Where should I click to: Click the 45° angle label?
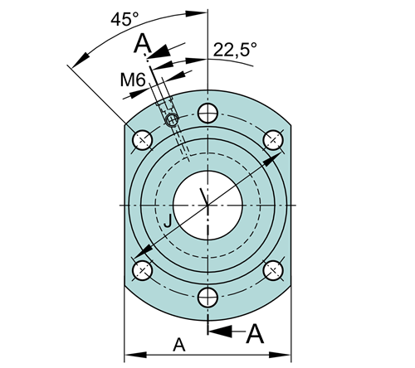click(x=124, y=19)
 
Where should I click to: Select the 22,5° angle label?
click(x=235, y=50)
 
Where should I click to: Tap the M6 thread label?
click(x=133, y=80)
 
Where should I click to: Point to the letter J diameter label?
click(x=168, y=220)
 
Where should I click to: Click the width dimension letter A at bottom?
click(x=179, y=345)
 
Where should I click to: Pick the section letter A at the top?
click(x=143, y=43)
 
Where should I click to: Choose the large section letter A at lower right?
click(x=255, y=334)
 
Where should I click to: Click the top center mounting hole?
click(x=207, y=113)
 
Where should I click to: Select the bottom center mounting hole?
click(x=208, y=298)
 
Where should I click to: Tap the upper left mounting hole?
click(x=143, y=140)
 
